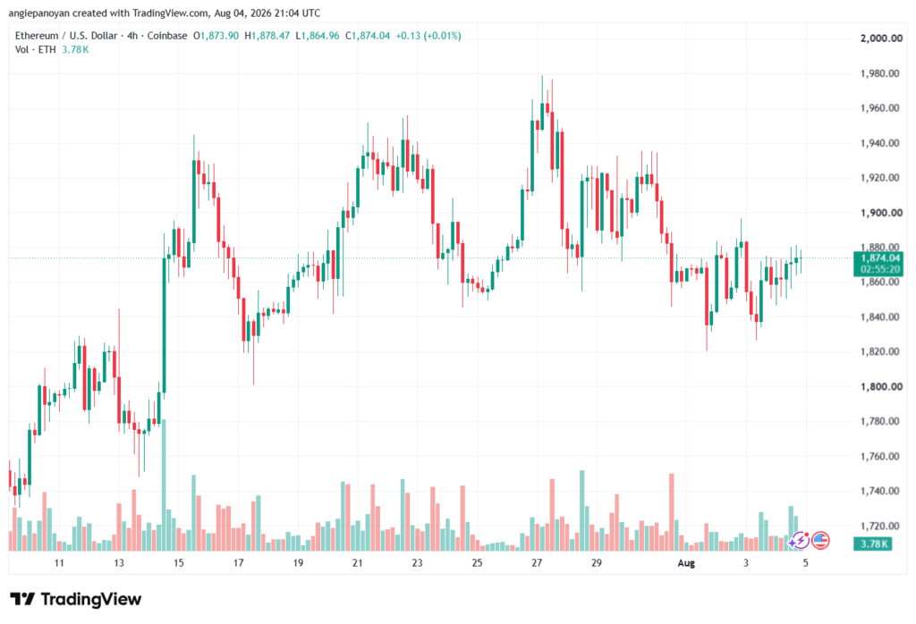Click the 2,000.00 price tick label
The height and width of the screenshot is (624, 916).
click(x=881, y=38)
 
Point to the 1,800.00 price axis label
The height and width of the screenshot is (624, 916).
click(x=881, y=386)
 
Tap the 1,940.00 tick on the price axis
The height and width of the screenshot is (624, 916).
click(x=880, y=143)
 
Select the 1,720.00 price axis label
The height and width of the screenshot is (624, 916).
click(x=880, y=526)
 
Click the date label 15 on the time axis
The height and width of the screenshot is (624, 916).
click(x=179, y=563)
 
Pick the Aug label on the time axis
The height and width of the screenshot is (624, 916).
click(x=686, y=563)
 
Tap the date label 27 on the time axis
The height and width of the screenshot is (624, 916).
click(x=537, y=563)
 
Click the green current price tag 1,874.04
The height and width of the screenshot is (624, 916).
click(x=878, y=258)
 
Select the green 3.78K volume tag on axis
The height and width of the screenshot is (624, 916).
click(x=873, y=544)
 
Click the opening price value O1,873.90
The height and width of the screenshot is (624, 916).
click(x=216, y=36)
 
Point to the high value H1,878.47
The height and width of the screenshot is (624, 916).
click(x=267, y=36)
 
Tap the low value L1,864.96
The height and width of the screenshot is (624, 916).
click(x=318, y=36)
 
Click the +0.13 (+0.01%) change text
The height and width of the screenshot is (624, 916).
click(x=428, y=36)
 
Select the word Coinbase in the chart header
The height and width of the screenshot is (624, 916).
click(x=167, y=36)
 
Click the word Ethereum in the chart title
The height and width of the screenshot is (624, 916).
click(x=37, y=36)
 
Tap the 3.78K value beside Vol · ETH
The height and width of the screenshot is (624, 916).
click(x=75, y=50)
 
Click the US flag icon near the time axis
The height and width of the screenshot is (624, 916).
click(x=821, y=541)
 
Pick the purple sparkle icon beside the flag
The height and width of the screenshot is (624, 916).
click(x=799, y=541)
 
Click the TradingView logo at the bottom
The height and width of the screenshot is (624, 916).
click(x=76, y=600)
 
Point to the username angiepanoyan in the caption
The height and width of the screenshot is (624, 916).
click(x=39, y=13)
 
